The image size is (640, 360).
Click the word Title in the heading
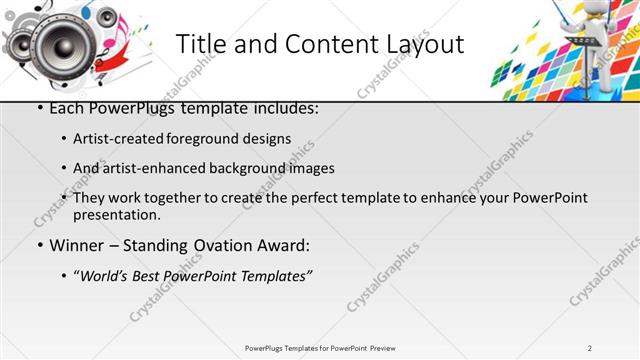coord(200,45)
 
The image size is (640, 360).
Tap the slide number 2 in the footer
coord(590,347)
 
